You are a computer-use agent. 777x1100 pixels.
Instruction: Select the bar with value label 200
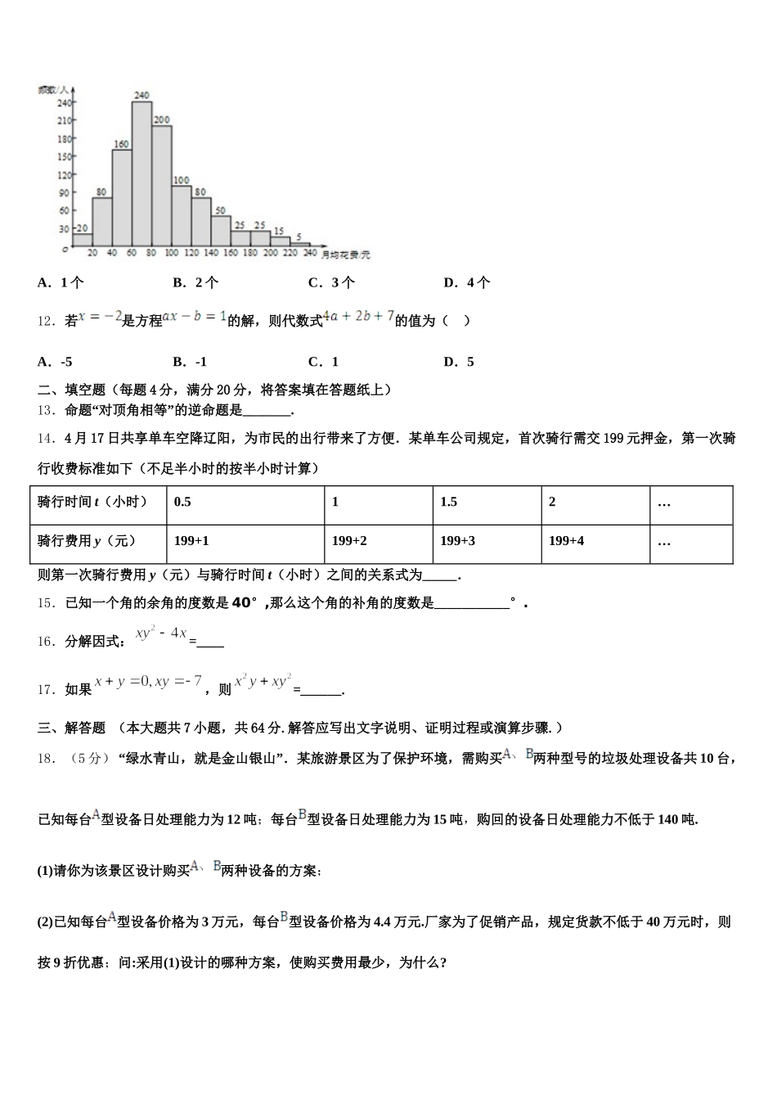click(161, 184)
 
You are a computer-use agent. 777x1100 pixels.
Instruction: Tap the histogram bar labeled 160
click(122, 196)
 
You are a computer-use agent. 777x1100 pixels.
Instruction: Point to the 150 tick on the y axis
click(65, 156)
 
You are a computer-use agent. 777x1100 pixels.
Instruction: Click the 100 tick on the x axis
click(171, 254)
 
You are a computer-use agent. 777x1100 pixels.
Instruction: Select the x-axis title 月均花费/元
click(346, 255)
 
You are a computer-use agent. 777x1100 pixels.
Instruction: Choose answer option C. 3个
click(331, 283)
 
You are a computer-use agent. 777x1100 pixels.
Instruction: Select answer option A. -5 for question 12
click(55, 362)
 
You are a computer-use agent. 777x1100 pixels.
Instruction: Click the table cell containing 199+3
click(457, 541)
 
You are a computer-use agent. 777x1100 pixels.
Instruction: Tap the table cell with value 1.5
click(449, 503)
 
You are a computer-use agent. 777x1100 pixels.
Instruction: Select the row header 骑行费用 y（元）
click(87, 541)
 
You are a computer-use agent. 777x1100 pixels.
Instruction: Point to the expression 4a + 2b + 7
click(358, 317)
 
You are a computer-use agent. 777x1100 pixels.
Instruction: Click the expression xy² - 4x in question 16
click(161, 633)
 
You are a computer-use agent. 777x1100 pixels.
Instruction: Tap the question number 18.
click(47, 759)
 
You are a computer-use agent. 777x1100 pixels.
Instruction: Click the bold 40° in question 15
click(245, 603)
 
